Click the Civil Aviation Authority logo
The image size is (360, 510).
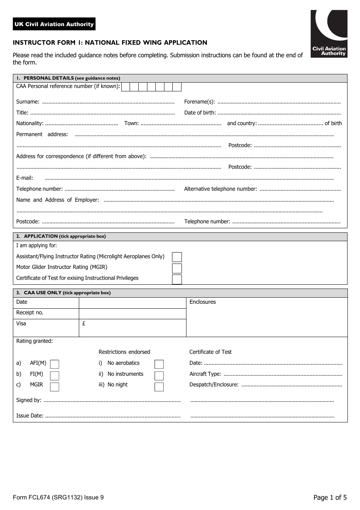pos(329,34)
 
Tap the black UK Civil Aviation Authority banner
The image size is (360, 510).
pos(54,24)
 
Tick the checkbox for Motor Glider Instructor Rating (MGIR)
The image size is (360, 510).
pos(177,268)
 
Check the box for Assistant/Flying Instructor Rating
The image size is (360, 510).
pos(177,257)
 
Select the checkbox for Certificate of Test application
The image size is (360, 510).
pos(177,279)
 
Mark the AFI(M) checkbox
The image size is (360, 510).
pos(55,364)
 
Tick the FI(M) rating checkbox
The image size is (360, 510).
pos(55,376)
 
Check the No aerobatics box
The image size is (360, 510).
pos(159,364)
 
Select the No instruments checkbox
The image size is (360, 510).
pos(159,376)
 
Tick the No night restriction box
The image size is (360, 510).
pos(159,387)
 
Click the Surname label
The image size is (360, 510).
pos(28,102)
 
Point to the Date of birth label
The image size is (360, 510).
pos(200,113)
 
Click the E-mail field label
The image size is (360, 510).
pos(25,178)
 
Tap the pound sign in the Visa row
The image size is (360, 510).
pos(84,324)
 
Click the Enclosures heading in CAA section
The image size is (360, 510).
pos(202,302)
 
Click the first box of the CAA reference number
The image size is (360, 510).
pos(125,87)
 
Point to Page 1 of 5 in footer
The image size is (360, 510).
pos(330,497)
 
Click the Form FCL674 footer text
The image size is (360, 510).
pos(58,497)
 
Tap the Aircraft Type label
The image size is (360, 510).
pos(205,374)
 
